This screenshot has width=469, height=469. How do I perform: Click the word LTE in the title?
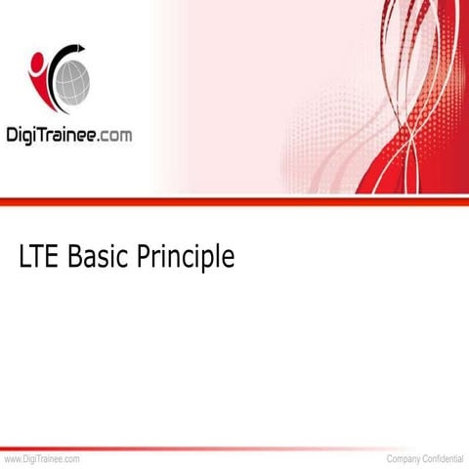point(38,257)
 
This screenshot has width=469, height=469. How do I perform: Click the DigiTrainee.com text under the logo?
point(69,135)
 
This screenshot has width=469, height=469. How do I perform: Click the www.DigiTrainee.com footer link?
point(41,458)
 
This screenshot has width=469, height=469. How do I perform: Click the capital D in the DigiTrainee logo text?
point(15,135)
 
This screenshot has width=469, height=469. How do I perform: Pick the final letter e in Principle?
point(229,260)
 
